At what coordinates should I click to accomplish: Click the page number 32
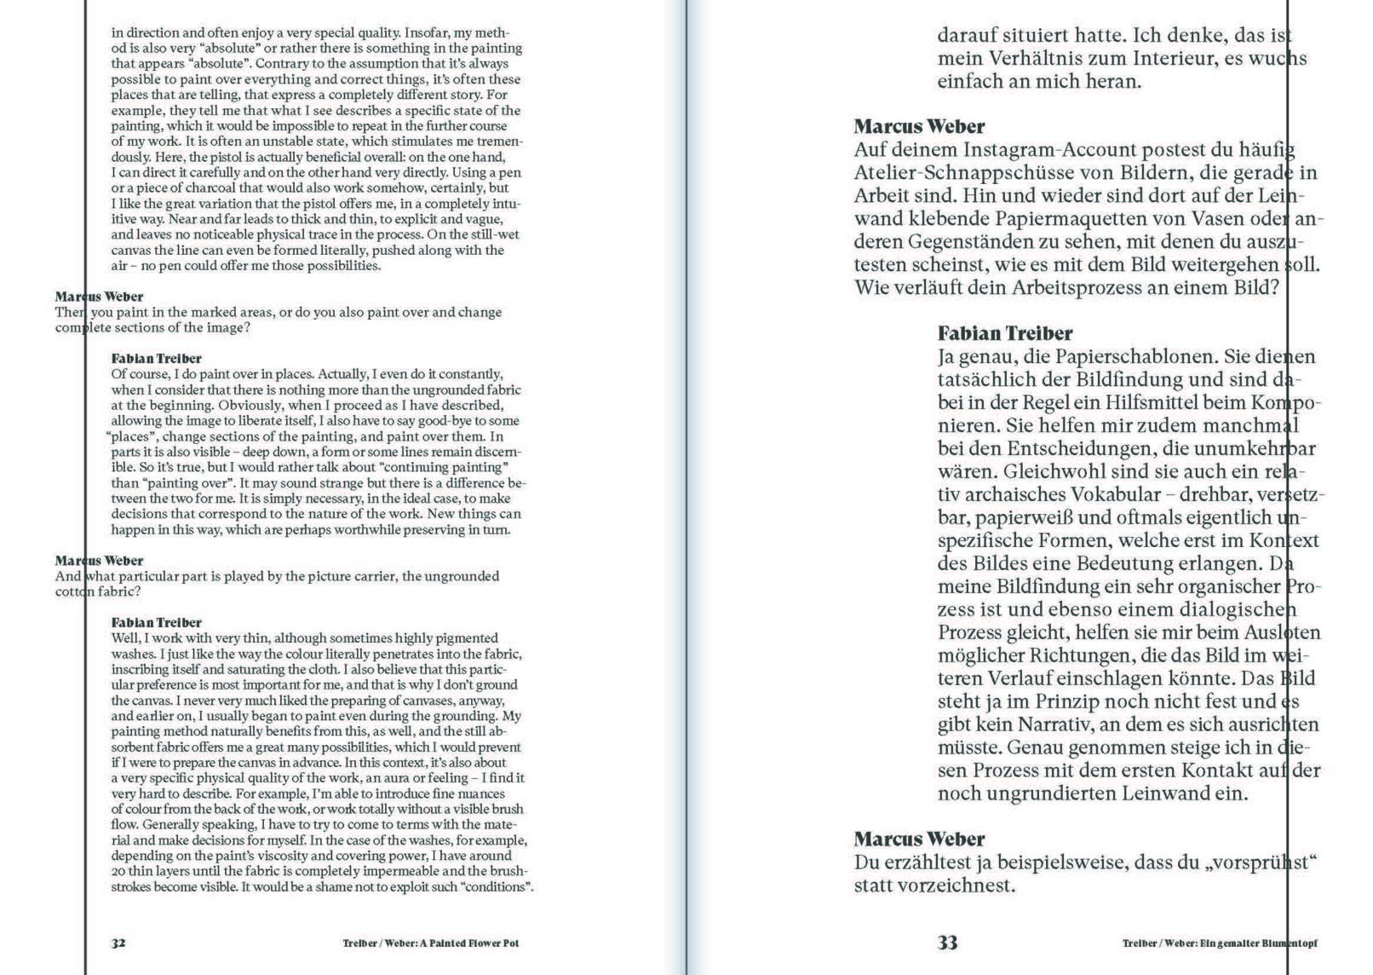click(x=118, y=943)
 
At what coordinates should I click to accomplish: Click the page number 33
click(x=948, y=942)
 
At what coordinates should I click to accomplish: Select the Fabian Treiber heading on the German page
click(x=1005, y=333)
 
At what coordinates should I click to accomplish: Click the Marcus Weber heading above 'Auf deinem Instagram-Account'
click(x=919, y=127)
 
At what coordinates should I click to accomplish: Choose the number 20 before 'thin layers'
click(x=118, y=871)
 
